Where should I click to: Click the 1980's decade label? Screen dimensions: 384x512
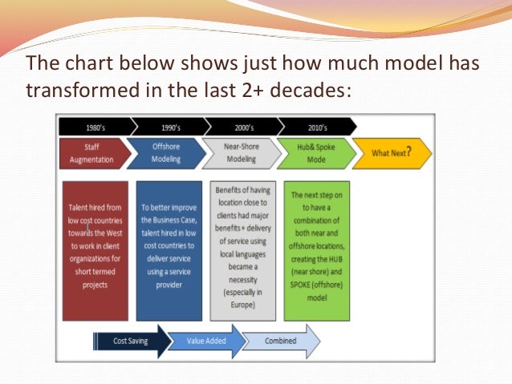click(x=95, y=126)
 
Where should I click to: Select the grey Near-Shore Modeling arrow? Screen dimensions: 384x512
click(x=242, y=153)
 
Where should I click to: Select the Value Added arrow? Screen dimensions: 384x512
click(x=204, y=341)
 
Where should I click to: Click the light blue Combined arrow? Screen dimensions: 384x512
click(x=280, y=341)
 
